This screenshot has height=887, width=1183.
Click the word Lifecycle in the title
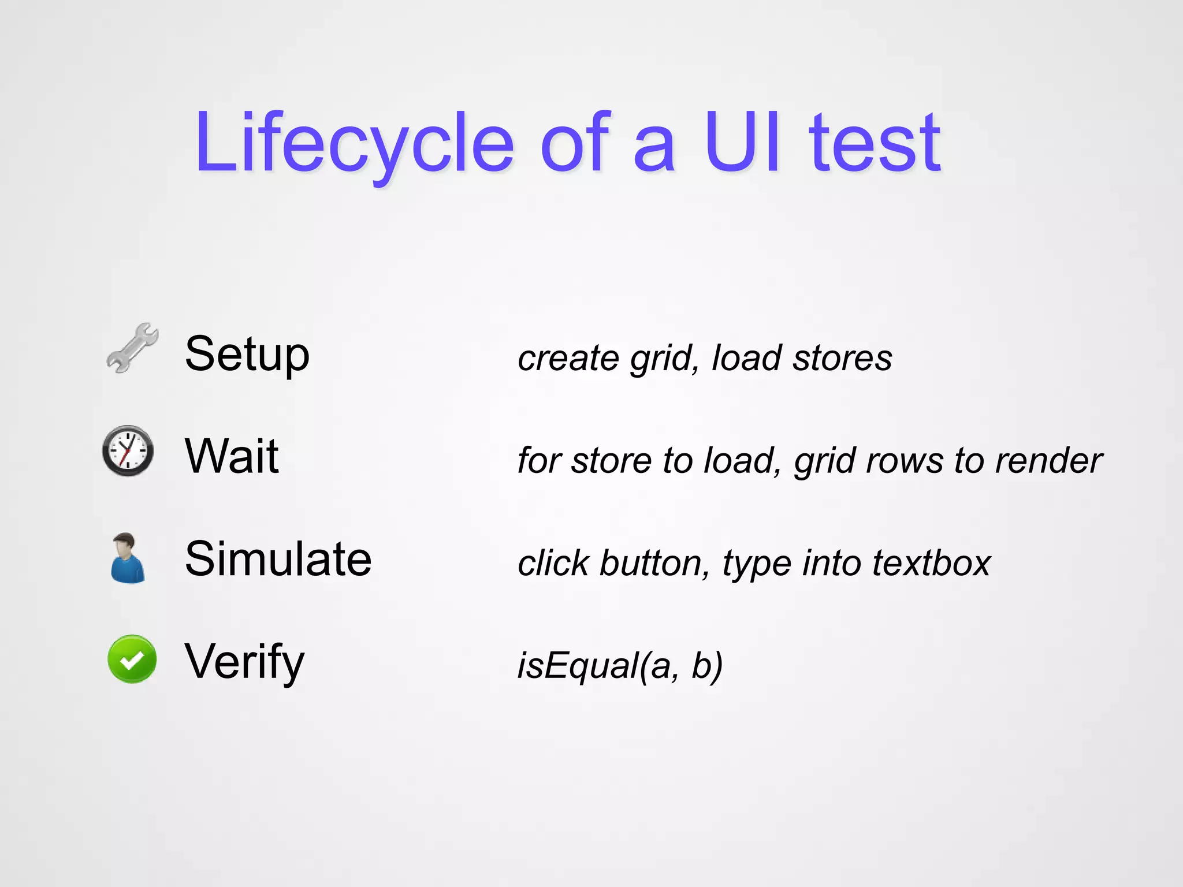click(354, 143)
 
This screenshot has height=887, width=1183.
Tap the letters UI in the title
click(743, 143)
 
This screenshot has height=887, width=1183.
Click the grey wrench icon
click(132, 348)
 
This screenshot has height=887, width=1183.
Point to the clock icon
click(128, 451)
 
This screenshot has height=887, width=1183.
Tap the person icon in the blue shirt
click(127, 558)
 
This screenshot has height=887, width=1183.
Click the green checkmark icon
click(132, 659)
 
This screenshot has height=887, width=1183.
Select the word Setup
click(247, 354)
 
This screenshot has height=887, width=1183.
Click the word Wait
click(232, 456)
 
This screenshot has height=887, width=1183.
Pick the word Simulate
click(278, 558)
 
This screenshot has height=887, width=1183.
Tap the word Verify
click(244, 661)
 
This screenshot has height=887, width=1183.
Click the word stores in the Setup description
click(842, 358)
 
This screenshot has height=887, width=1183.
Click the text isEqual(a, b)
click(620, 666)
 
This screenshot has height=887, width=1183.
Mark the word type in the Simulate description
click(756, 564)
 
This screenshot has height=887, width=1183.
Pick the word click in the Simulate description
click(553, 563)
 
